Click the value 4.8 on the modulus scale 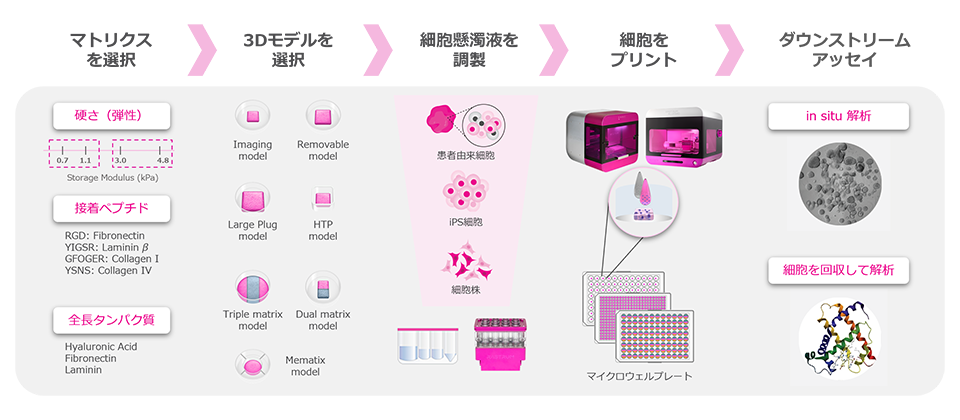[163, 160]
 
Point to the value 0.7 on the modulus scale [62, 160]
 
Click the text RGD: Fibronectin [103, 236]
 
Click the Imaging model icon [252, 115]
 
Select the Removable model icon [322, 116]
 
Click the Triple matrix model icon [252, 288]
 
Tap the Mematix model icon [252, 363]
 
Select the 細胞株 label [466, 291]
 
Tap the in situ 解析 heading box [838, 116]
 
